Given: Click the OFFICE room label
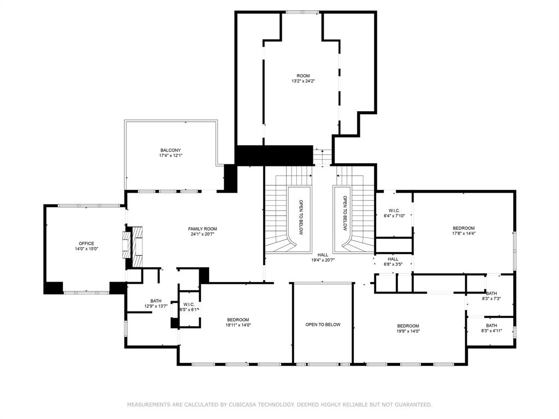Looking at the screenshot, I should (x=86, y=243).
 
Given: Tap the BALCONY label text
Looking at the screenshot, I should (x=170, y=150).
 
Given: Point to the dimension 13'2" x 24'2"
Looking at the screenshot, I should (x=303, y=81).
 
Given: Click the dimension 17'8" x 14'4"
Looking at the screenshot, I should (x=463, y=234).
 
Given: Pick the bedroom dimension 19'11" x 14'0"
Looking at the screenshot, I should (x=238, y=325).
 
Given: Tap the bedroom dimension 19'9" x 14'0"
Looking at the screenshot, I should (x=408, y=331).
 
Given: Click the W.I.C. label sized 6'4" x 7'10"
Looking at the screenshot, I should (x=394, y=210).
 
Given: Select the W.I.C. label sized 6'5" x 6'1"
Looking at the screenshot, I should (x=189, y=304).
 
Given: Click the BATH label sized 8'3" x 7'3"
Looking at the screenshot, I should (x=491, y=293).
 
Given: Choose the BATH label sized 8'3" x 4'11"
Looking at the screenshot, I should (x=491, y=325).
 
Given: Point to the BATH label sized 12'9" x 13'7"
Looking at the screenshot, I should (x=156, y=301).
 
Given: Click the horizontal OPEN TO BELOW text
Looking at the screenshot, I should (x=323, y=325).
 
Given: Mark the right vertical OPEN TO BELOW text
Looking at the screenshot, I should (x=345, y=212).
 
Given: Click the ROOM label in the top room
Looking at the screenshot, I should (x=303, y=76).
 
